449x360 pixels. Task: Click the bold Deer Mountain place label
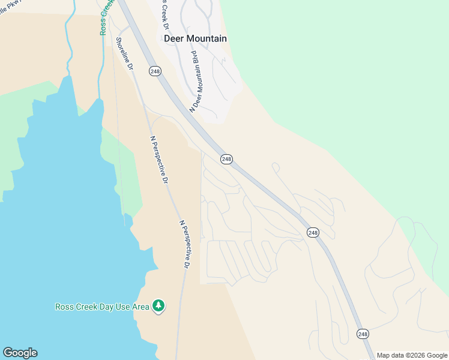(195, 38)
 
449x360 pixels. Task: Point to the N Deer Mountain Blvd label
(194, 82)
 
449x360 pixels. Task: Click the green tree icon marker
(158, 307)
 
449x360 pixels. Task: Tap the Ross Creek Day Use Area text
(101, 307)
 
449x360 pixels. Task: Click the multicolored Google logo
(20, 353)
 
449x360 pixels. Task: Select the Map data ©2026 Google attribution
(412, 355)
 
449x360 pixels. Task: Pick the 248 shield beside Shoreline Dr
(155, 71)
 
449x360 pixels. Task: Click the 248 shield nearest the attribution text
(363, 334)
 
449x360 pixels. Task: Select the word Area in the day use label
(140, 307)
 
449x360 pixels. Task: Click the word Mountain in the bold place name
(206, 38)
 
